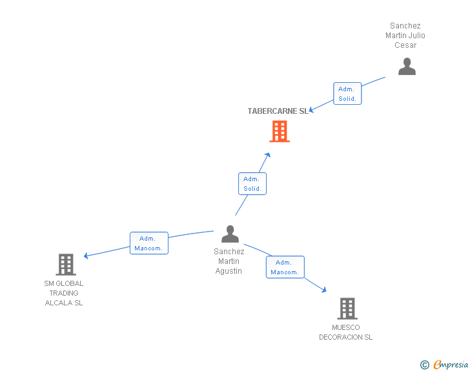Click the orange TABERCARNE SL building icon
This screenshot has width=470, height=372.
(x=279, y=131)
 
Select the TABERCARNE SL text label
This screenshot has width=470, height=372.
(x=278, y=111)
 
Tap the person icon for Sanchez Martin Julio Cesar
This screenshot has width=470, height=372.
(x=407, y=67)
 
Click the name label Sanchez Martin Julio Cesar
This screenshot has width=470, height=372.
(x=405, y=36)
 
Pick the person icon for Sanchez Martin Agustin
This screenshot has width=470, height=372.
(x=230, y=234)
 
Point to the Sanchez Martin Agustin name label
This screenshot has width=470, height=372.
(x=229, y=261)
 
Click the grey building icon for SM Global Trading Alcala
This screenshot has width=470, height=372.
(x=66, y=264)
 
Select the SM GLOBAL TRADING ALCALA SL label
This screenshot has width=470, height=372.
(x=64, y=293)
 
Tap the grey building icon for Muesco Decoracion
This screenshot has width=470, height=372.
(x=347, y=309)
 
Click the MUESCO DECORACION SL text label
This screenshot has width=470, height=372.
(x=346, y=333)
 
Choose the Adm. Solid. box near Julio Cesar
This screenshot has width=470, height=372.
(x=347, y=94)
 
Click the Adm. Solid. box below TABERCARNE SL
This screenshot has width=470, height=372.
(x=252, y=184)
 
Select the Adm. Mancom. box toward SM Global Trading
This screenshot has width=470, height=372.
(x=148, y=243)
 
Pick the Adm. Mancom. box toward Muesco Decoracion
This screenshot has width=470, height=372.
(x=285, y=267)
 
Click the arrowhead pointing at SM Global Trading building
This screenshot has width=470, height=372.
(x=87, y=256)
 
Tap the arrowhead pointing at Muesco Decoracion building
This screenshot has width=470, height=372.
(x=323, y=291)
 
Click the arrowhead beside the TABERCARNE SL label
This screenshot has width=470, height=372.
(x=311, y=111)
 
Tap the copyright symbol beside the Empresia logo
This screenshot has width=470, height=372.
(x=424, y=366)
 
